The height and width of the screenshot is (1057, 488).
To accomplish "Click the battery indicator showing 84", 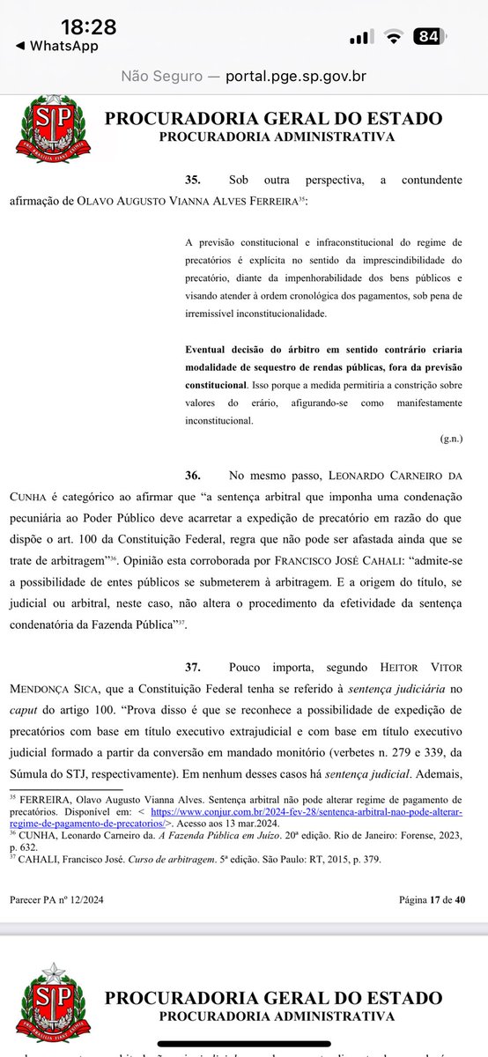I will point(429,36).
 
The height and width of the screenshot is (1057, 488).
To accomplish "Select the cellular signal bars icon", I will point(361,37).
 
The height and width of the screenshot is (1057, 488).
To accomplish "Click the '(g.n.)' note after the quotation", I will point(452,438).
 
